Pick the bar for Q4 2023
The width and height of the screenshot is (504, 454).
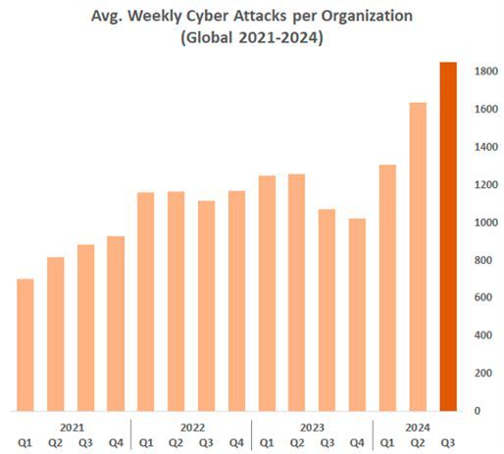point(357,315)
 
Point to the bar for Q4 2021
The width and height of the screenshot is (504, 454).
point(116,324)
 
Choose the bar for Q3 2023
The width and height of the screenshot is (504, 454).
point(328,310)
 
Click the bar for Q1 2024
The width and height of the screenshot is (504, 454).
point(387,288)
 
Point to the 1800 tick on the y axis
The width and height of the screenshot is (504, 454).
point(483,72)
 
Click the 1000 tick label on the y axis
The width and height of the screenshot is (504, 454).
point(483,223)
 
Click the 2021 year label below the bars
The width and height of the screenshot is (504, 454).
point(71,428)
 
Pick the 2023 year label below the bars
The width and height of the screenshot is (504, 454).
point(312,428)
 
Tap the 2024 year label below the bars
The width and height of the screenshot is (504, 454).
point(418,428)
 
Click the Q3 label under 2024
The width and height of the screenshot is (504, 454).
point(448,443)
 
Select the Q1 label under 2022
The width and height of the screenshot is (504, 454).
point(146,443)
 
